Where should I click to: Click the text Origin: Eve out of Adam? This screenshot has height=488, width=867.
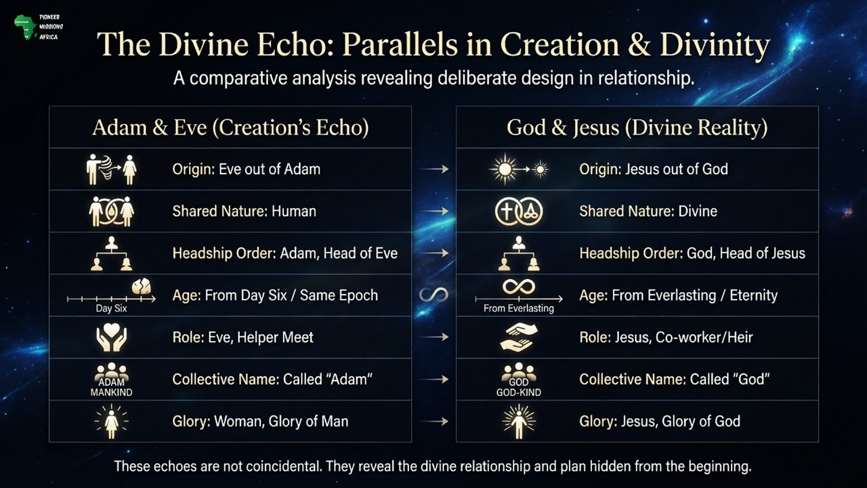246,169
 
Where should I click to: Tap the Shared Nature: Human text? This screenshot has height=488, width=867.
244,211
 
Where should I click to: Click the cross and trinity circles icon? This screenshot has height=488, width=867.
518,211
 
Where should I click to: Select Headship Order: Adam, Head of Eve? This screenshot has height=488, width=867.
284,253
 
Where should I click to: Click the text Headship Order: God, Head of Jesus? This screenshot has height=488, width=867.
692,253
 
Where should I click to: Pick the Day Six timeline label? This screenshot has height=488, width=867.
111,308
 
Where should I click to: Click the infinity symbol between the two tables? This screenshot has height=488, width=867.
433,295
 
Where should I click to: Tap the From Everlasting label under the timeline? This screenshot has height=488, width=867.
518,308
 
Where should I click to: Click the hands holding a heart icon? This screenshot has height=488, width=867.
111,337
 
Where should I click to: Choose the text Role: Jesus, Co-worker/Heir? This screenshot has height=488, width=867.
666,337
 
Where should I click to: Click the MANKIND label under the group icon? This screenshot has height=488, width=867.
111,392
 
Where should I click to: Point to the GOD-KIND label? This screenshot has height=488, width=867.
518,392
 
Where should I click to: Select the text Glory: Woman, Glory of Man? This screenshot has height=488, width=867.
260,421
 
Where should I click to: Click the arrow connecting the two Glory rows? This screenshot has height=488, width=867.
439,421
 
